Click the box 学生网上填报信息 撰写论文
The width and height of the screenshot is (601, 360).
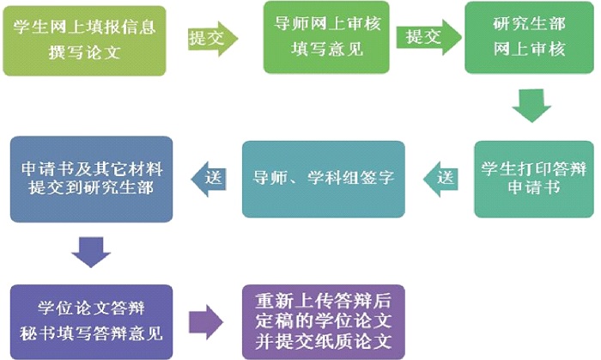(86, 39)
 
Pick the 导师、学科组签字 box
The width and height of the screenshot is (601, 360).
(323, 178)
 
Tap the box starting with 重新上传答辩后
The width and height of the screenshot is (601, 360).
(323, 320)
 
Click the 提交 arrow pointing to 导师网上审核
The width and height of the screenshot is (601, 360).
(211, 39)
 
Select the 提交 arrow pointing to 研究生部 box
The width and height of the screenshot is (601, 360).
(426, 38)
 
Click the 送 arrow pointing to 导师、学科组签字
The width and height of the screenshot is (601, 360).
(440, 178)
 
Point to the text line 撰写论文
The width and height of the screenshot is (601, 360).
(86, 52)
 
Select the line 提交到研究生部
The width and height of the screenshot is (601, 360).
(91, 188)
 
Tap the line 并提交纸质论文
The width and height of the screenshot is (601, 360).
(323, 341)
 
